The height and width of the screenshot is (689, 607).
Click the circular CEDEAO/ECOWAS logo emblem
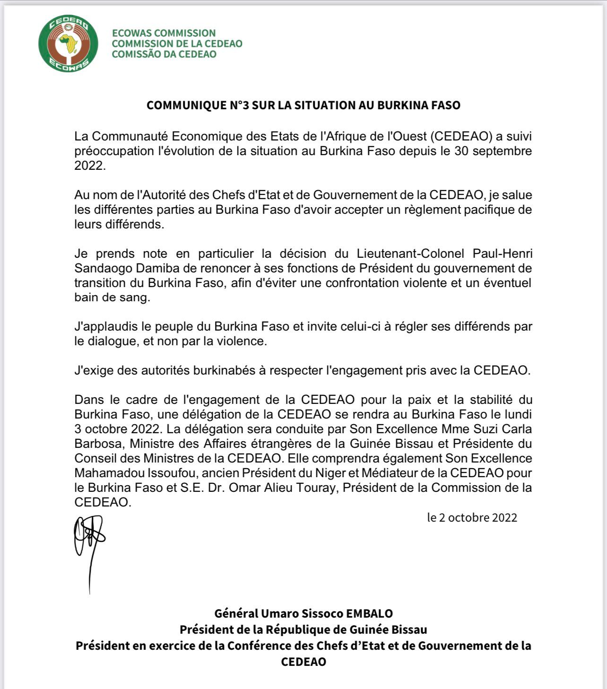tap(69, 43)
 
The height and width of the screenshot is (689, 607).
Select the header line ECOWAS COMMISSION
tap(164, 33)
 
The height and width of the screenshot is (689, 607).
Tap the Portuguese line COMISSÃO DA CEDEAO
tap(164, 54)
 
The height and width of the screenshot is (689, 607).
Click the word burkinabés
tap(223, 370)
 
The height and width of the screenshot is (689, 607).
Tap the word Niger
tap(330, 473)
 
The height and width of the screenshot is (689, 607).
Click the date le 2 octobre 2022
tap(472, 517)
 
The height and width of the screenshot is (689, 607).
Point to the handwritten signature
tap(89, 544)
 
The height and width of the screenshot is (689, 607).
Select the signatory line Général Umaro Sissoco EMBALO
tap(303, 613)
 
